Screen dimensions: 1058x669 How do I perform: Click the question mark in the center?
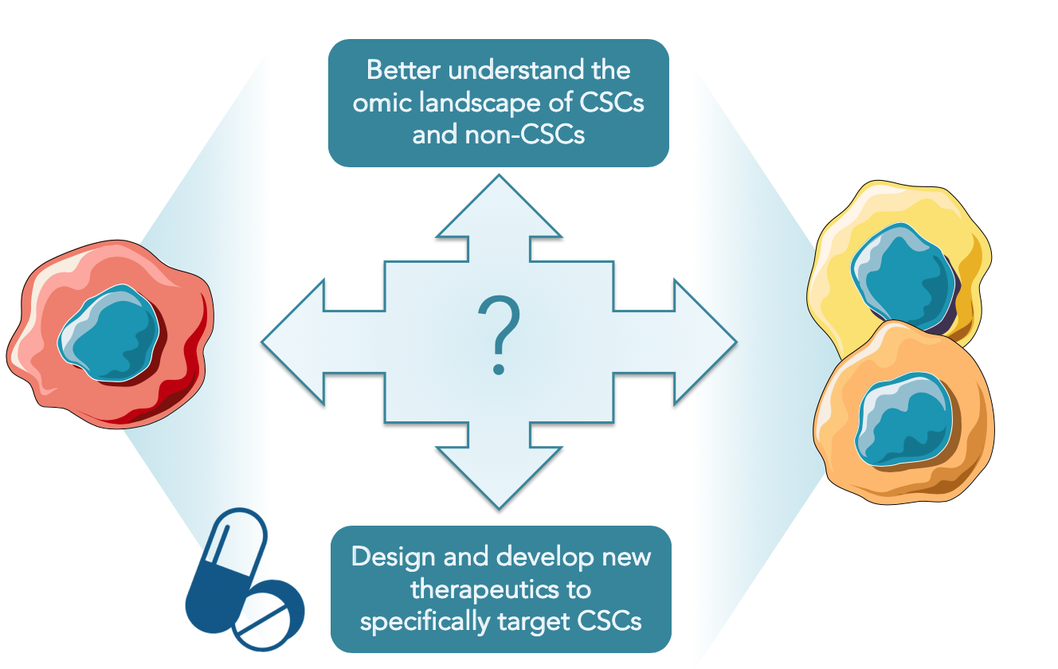499,335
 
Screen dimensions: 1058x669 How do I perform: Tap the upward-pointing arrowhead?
499,208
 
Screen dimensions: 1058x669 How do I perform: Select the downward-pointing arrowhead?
499,477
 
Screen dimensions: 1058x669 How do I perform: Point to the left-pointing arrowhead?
296,342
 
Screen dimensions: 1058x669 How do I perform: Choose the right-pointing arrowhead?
703,342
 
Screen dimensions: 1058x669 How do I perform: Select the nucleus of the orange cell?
903,419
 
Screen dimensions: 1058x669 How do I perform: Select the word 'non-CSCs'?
525,135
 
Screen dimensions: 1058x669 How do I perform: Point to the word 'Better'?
404,70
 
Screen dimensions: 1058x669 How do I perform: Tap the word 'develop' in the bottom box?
545,557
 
